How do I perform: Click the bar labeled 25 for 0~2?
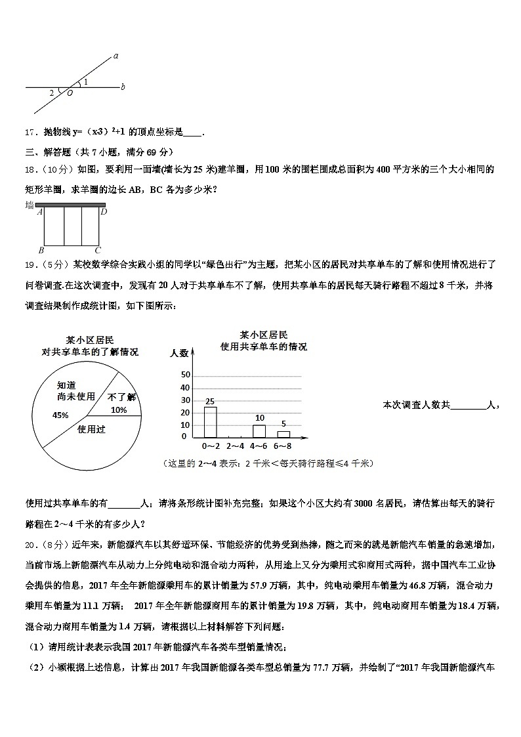coord(210,422)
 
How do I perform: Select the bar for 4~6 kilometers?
coord(259,431)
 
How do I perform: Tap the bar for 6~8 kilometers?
coord(283,433)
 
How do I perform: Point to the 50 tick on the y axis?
coord(185,375)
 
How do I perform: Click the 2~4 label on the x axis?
coord(235,446)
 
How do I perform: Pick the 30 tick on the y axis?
coord(185,400)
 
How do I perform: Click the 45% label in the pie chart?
coord(60,415)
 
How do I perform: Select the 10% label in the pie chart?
coord(119,410)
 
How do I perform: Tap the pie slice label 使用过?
coord(92,430)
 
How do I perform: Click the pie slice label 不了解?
coord(121,396)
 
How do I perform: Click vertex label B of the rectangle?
coord(41,250)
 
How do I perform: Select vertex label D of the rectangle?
coord(104,211)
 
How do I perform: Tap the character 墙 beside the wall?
coord(30,205)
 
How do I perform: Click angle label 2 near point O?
coord(51,93)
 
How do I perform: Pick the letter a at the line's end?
coord(115,56)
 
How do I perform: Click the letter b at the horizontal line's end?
coord(123,87)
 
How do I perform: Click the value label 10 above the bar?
coord(259,418)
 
